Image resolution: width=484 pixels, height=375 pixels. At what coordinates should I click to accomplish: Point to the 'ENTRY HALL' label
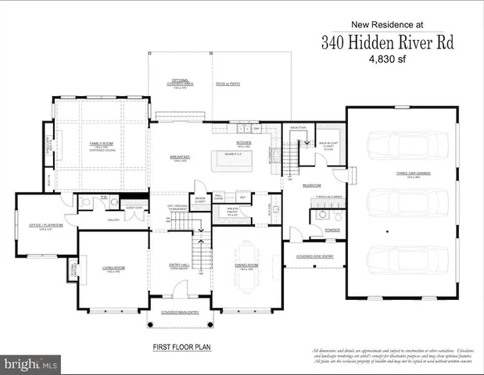pyautogui.click(x=180, y=266)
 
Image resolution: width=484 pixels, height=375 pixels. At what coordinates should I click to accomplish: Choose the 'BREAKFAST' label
pyautogui.click(x=181, y=156)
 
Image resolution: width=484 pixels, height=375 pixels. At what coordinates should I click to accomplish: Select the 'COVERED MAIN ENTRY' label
pyautogui.click(x=181, y=312)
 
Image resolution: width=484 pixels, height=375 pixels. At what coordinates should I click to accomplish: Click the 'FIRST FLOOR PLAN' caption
pyautogui.click(x=181, y=345)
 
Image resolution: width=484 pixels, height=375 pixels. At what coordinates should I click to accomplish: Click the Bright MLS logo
pyautogui.click(x=31, y=364)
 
